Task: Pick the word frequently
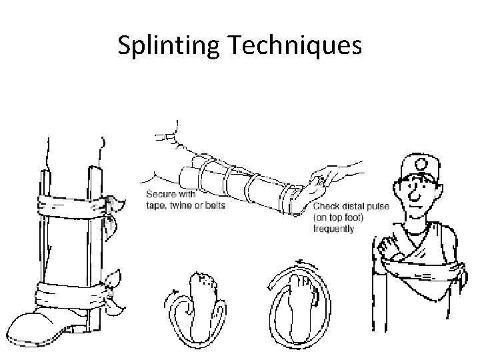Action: click(x=334, y=229)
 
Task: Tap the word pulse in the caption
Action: click(x=379, y=207)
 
